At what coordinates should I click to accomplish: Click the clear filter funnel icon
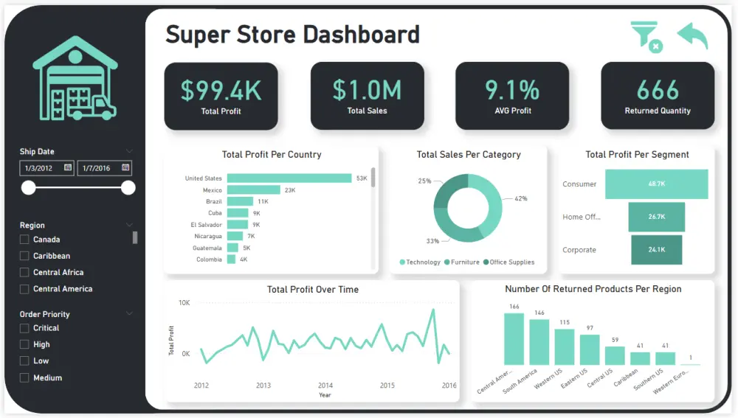click(x=646, y=36)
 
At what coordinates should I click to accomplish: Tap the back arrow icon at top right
click(x=692, y=36)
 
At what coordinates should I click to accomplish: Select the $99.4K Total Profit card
click(x=221, y=96)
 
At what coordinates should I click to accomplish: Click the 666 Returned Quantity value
click(x=658, y=91)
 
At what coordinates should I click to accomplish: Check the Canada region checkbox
click(x=24, y=240)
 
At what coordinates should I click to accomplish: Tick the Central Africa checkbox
click(x=24, y=273)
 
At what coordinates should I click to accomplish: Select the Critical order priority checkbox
click(x=24, y=328)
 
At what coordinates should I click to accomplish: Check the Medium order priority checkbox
click(x=24, y=378)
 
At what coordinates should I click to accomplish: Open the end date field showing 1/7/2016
click(x=104, y=168)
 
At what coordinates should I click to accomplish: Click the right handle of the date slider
click(x=128, y=188)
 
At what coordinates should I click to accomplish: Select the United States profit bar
click(x=289, y=178)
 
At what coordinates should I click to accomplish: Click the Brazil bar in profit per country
click(x=241, y=201)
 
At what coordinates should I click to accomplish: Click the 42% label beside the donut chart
click(x=520, y=199)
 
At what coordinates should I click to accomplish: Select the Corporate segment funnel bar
click(x=657, y=250)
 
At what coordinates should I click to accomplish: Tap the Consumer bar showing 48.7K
click(x=656, y=184)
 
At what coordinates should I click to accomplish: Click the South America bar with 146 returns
click(x=539, y=342)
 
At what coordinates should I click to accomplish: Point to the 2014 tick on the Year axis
click(x=325, y=386)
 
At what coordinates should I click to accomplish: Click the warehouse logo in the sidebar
click(x=75, y=78)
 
